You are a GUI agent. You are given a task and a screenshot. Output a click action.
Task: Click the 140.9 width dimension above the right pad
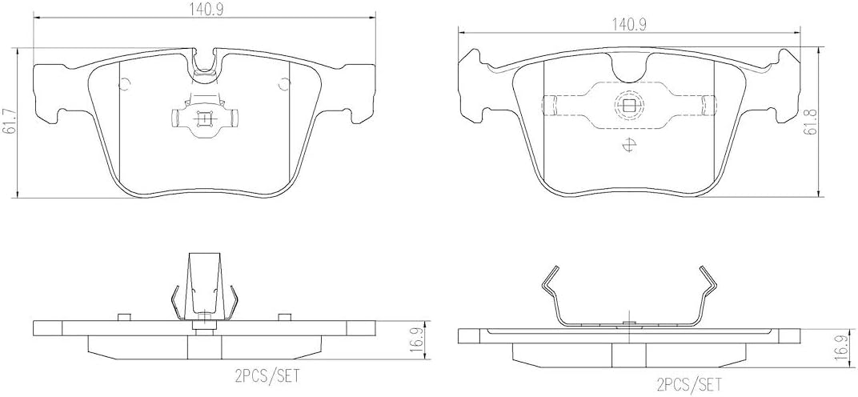[x=629, y=25]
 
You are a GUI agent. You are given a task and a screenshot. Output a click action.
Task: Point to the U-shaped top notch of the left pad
[x=206, y=63]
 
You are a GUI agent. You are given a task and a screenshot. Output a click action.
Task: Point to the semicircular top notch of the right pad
[x=628, y=71]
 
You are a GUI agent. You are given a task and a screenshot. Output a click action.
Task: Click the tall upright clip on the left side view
[x=203, y=284]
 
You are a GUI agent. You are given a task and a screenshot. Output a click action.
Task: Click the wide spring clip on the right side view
[x=628, y=300]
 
